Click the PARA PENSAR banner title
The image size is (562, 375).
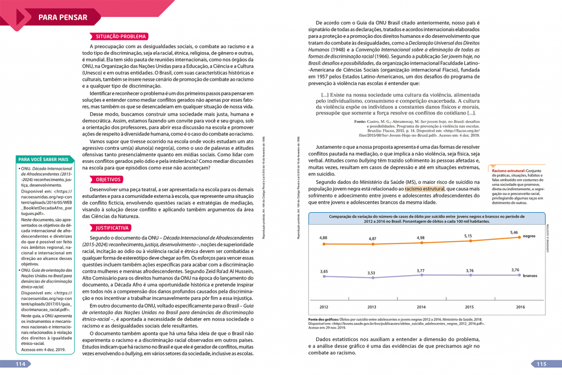pos(63,18)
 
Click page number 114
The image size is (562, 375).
pos(20,364)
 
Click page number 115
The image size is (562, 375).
pos(541,364)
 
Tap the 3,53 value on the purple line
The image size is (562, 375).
pos(372,273)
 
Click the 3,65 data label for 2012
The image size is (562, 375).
pos(324,271)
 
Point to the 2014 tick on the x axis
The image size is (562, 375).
pos(421,307)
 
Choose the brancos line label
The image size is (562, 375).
pos(530,276)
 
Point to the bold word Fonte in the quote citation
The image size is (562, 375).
pos(361,121)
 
